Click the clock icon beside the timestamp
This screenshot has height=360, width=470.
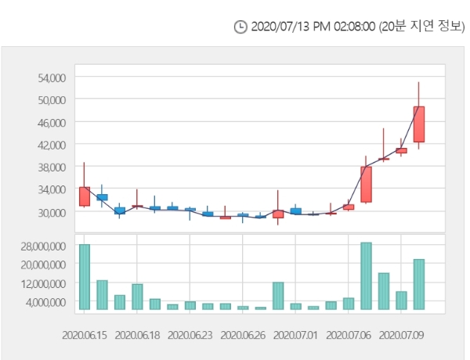240,27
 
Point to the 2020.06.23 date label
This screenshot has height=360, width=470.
190,334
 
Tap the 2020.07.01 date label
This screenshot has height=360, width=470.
295,334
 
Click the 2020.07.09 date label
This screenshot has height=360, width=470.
401,334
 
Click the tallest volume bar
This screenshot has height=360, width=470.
366,275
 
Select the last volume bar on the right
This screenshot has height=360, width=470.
419,284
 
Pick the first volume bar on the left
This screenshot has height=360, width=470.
84,276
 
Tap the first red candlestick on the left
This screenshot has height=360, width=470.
84,196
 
